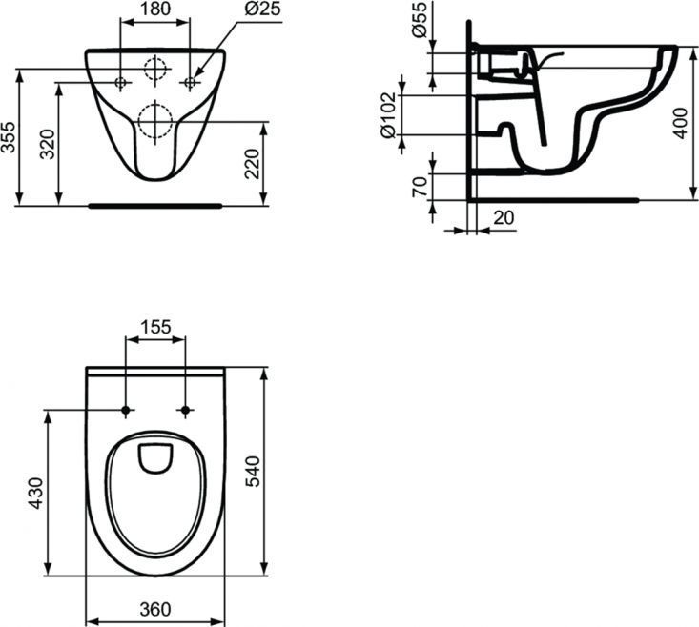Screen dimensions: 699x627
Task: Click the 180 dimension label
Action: tap(155, 9)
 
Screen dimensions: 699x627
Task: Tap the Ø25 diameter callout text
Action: tap(263, 9)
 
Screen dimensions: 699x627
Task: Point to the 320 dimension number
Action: tap(47, 144)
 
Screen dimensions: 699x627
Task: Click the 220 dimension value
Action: tap(253, 164)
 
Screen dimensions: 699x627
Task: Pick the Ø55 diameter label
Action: tap(420, 19)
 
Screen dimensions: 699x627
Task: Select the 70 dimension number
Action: tap(420, 186)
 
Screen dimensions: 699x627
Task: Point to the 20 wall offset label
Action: tap(504, 218)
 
